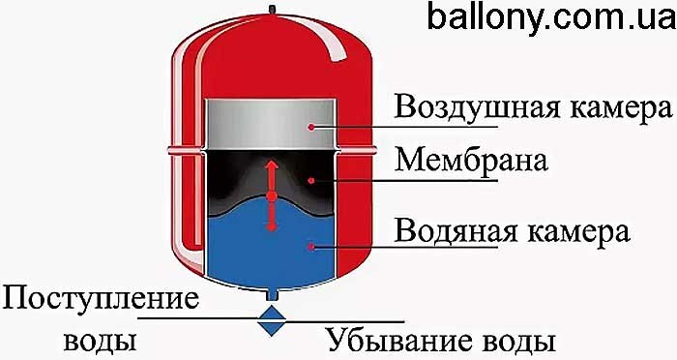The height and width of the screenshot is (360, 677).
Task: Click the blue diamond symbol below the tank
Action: point(272,321)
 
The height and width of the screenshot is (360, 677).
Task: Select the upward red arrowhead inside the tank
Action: point(272,165)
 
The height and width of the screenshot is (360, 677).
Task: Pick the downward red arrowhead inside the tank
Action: point(272,227)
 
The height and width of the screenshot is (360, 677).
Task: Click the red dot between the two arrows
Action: point(272,197)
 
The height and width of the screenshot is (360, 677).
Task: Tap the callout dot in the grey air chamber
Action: point(311,125)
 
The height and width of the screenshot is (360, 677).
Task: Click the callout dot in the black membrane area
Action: point(310,180)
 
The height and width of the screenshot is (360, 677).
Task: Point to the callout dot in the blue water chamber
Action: point(310,248)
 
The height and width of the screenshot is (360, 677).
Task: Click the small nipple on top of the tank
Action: point(272,11)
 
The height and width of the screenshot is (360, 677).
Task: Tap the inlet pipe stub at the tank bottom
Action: point(272,292)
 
